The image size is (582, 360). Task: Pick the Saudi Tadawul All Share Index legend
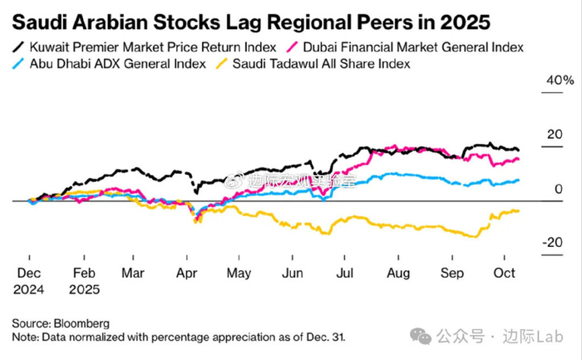tap(329, 63)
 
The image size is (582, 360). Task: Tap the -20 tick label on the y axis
tap(552, 242)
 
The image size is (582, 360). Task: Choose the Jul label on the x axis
tap(341, 272)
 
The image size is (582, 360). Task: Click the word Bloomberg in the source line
tap(81, 323)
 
